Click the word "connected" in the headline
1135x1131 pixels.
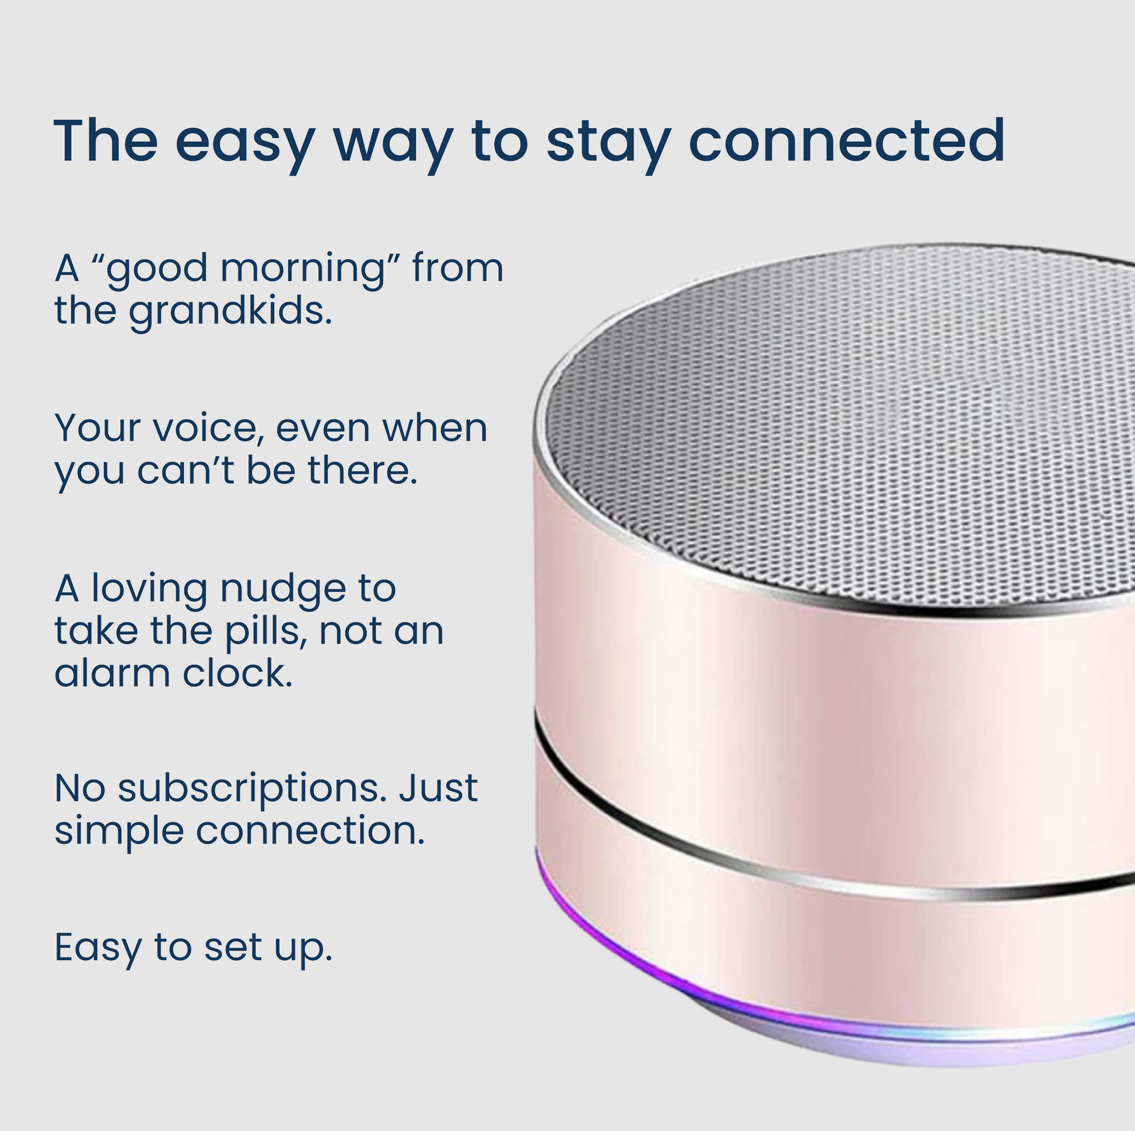pyautogui.click(x=846, y=141)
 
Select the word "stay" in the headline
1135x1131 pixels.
pyautogui.click(x=609, y=145)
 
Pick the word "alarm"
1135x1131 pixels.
pyautogui.click(x=113, y=673)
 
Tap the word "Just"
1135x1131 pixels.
pyautogui.click(x=438, y=788)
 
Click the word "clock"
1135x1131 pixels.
pyautogui.click(x=237, y=673)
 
